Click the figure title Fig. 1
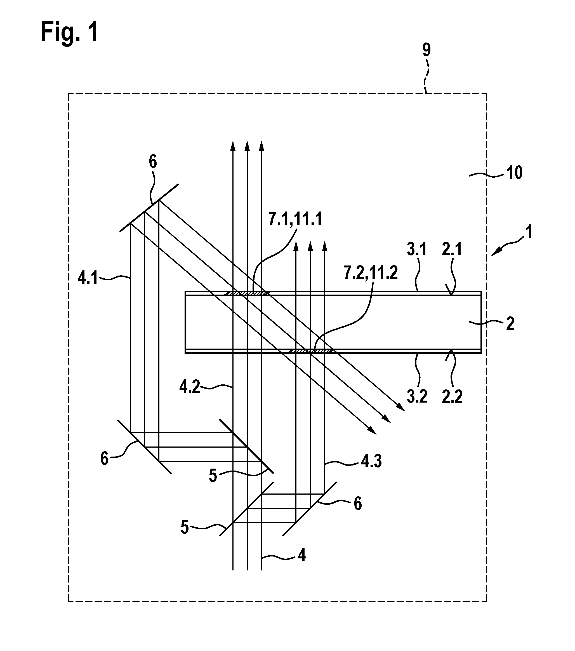point(70,32)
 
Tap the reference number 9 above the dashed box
point(426,50)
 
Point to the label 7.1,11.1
point(295,219)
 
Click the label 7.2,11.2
point(371,273)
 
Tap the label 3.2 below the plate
point(417,397)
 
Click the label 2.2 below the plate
point(453,397)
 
